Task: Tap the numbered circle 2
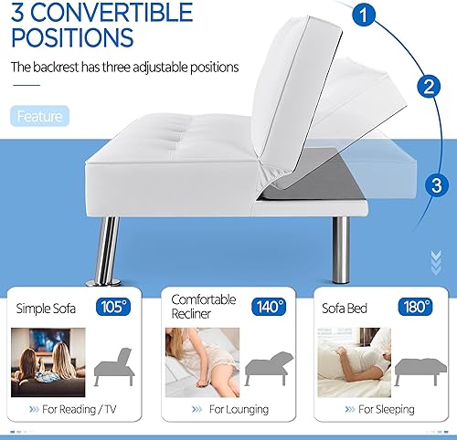tap(425, 88)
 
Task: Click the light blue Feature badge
tap(40, 117)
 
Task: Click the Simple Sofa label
tap(45, 309)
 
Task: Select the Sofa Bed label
tap(344, 309)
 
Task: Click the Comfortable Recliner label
tap(203, 307)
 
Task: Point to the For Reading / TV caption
tap(81, 410)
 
